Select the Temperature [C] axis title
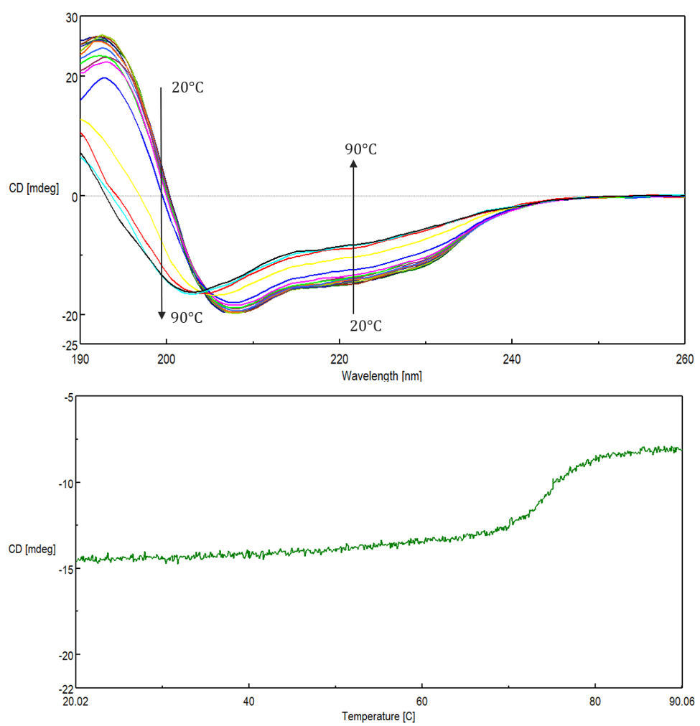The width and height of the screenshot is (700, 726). click(x=378, y=715)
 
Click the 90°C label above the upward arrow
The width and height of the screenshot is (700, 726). click(x=360, y=149)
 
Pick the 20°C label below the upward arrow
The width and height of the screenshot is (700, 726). click(x=365, y=326)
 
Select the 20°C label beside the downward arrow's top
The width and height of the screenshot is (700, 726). click(x=188, y=88)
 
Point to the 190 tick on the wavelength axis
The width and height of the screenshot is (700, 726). click(x=80, y=358)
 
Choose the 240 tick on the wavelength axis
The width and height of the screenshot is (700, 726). click(x=512, y=358)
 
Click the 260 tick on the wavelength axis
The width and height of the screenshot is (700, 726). click(x=684, y=358)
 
